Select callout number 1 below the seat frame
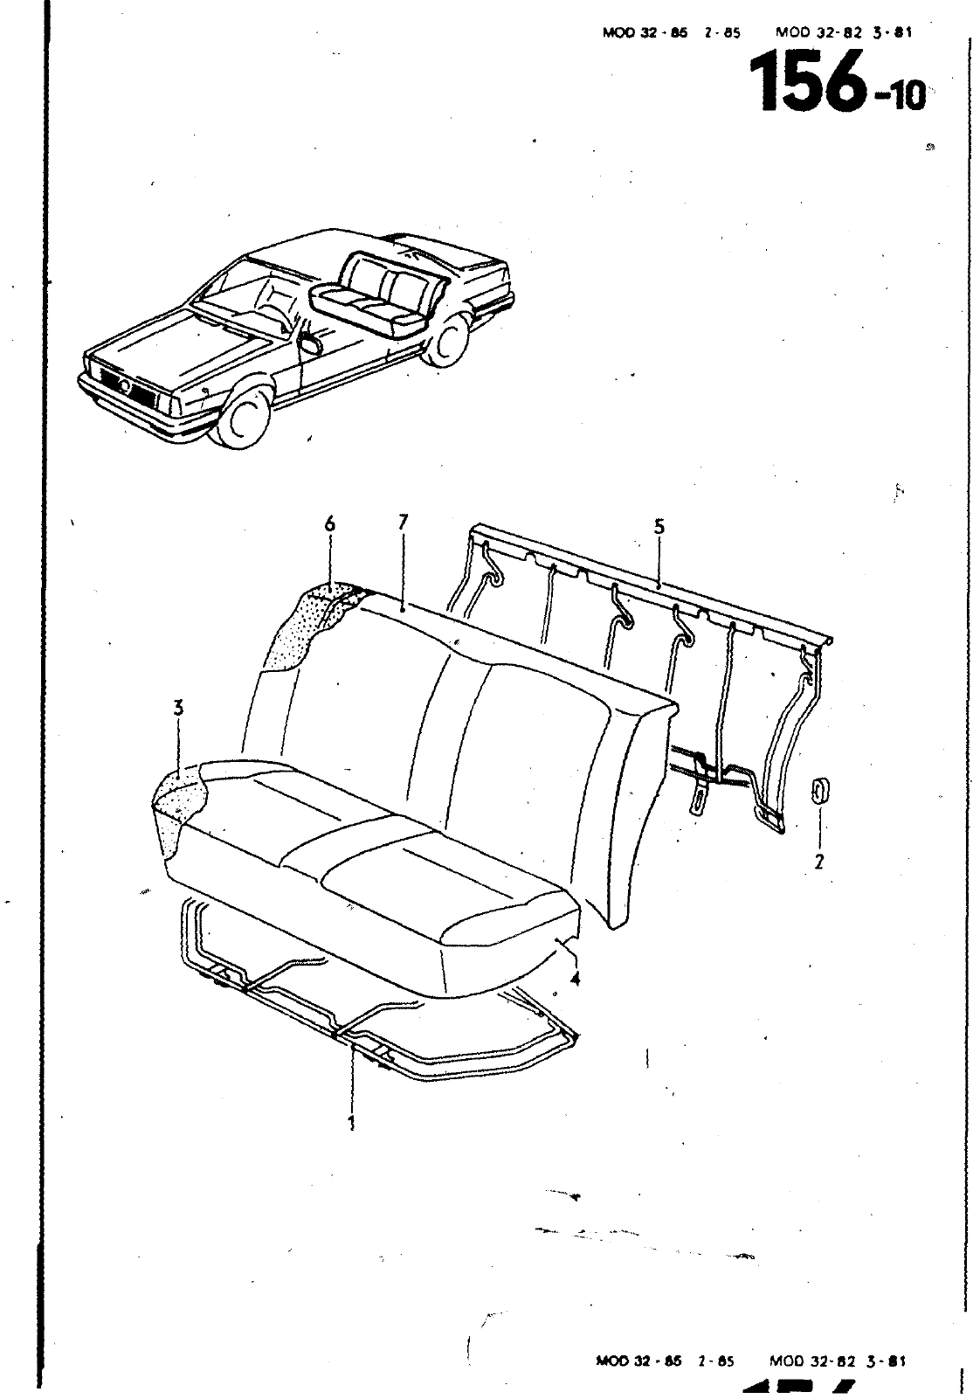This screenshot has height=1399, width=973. click(x=352, y=1123)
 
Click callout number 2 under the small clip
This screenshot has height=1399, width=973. click(x=819, y=862)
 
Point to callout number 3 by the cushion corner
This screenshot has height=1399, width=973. click(x=179, y=709)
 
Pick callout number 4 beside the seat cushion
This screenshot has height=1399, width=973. click(x=574, y=978)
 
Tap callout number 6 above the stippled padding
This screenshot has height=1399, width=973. click(x=329, y=524)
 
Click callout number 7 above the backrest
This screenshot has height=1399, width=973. click(x=403, y=523)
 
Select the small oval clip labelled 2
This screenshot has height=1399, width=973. click(x=820, y=792)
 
